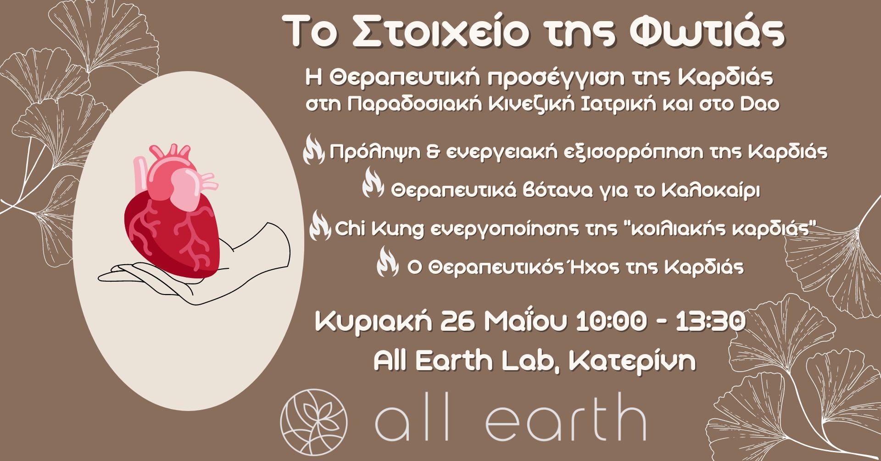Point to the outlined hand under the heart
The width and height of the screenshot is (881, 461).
pos(193,271)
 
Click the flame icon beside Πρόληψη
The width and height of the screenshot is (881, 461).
pos(314,152)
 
